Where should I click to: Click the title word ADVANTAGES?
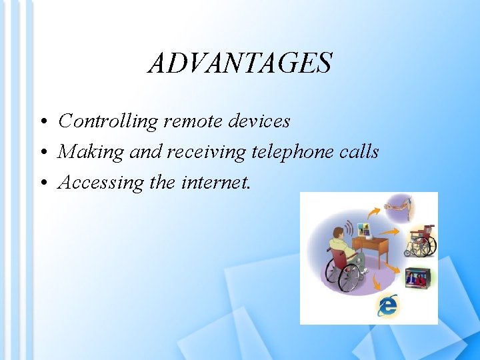pos(239,63)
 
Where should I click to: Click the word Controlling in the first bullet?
pos(108,121)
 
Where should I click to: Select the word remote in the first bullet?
pos(193,121)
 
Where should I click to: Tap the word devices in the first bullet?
pos(259,121)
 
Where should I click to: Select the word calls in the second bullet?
pos(359,152)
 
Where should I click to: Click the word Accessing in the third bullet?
pos(101,183)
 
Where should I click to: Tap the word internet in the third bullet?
pos(216,183)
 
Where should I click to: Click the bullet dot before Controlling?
pos(42,123)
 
